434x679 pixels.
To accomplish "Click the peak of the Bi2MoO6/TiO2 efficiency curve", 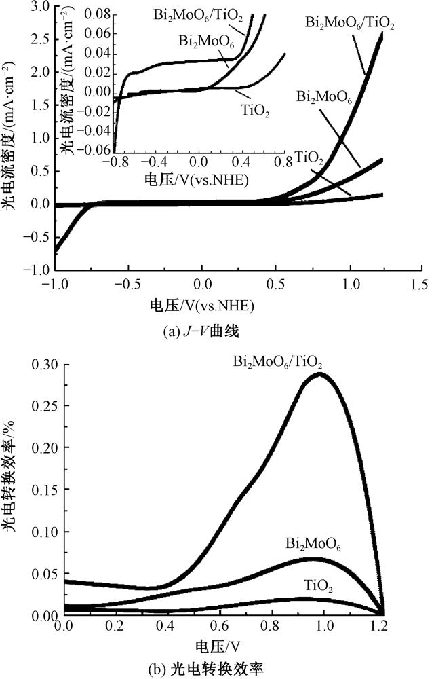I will [321, 374].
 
